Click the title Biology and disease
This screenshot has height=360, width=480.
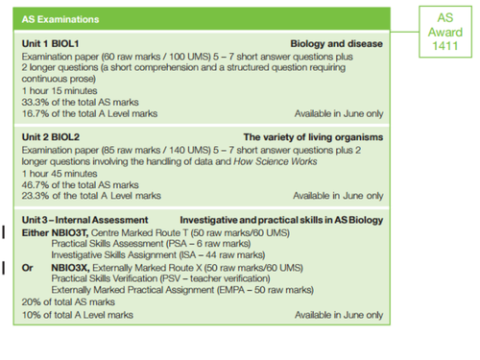coord(337,44)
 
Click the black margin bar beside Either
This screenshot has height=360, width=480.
coord(7,231)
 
